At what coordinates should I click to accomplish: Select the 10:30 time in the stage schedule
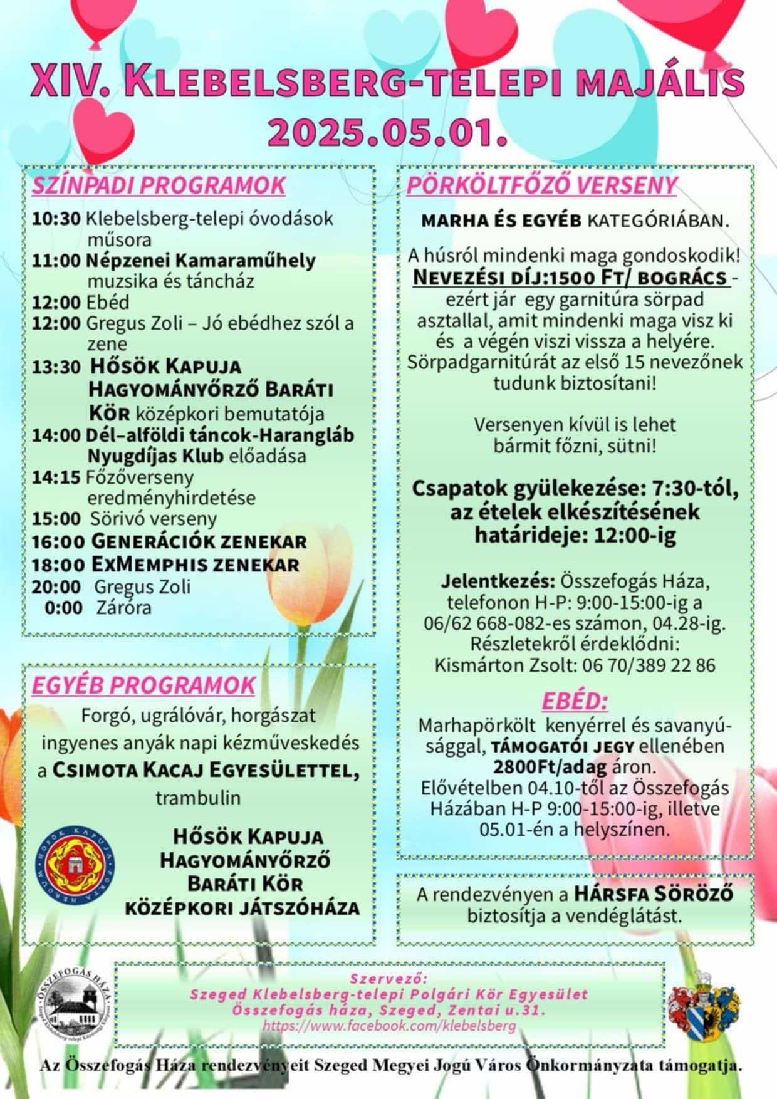[x=56, y=219]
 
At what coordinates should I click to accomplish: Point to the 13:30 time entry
[x=56, y=367]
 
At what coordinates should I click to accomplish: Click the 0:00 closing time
[x=64, y=608]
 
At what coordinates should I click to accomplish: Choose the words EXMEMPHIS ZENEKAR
[x=196, y=564]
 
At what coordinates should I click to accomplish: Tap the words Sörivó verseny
[x=154, y=519]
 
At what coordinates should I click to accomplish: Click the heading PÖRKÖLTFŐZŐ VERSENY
[x=542, y=185]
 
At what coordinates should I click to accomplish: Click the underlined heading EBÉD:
[x=575, y=701]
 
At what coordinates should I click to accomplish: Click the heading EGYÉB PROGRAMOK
[x=143, y=685]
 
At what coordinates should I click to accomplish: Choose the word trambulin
[x=198, y=798]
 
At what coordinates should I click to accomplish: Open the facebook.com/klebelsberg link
[x=389, y=1026]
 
